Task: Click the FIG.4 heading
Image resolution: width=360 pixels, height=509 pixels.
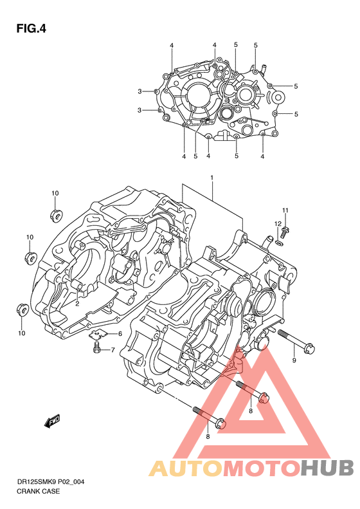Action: pos(31,29)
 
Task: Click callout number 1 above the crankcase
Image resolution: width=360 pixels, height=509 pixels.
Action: pos(212,178)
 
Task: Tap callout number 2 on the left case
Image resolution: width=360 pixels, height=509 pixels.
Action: pos(77,304)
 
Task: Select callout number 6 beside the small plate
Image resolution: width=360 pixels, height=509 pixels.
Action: pos(120,334)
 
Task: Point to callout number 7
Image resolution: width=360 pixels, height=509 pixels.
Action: pos(113,350)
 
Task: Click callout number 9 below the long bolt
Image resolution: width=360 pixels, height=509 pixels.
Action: pos(294,360)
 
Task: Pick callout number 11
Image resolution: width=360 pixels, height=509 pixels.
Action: pos(285,210)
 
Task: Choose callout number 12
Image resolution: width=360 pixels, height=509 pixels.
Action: pos(278,224)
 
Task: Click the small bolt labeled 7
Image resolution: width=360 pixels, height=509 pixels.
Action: pos(96,347)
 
